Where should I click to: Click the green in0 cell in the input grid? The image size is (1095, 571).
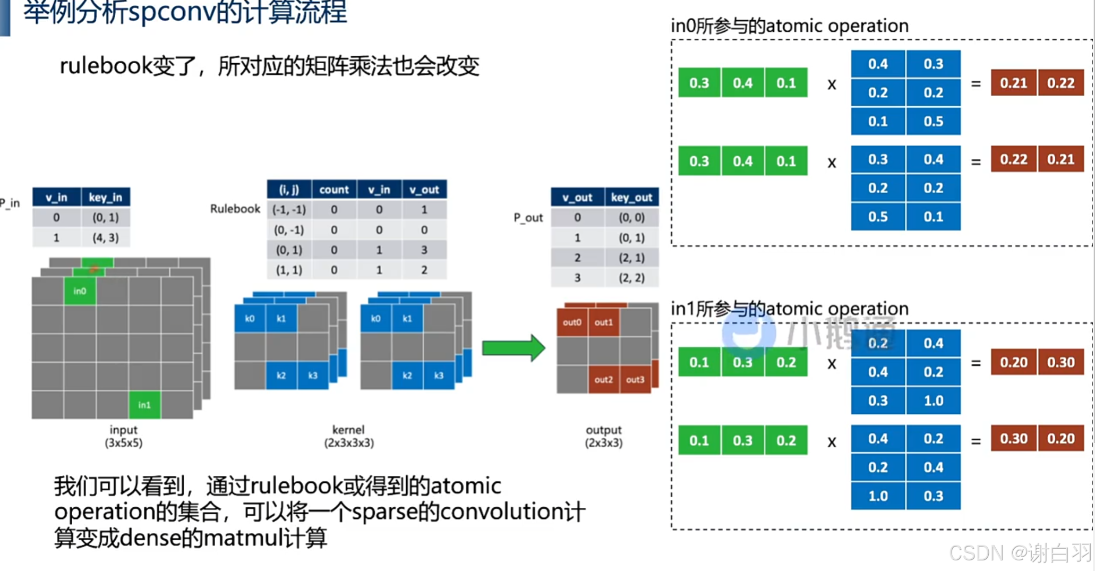(x=80, y=291)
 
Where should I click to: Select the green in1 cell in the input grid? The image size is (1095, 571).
(x=144, y=405)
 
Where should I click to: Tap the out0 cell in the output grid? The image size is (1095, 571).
(x=572, y=322)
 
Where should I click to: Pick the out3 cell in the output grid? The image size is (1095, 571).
(x=635, y=379)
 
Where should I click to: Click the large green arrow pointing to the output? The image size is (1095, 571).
(x=513, y=348)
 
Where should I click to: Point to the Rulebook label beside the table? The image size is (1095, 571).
(x=235, y=209)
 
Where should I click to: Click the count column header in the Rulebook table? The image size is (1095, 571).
(x=334, y=190)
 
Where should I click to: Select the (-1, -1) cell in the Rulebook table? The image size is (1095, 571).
(x=289, y=210)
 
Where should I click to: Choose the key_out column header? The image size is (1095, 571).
(x=631, y=198)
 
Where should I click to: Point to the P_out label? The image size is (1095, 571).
(x=528, y=217)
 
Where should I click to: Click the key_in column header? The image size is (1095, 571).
(x=105, y=198)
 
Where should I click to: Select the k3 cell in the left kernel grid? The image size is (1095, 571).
(x=313, y=375)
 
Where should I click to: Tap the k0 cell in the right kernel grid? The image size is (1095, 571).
(x=375, y=319)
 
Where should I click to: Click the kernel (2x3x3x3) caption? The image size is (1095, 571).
(x=349, y=436)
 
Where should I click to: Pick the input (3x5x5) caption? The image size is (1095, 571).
(x=123, y=436)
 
